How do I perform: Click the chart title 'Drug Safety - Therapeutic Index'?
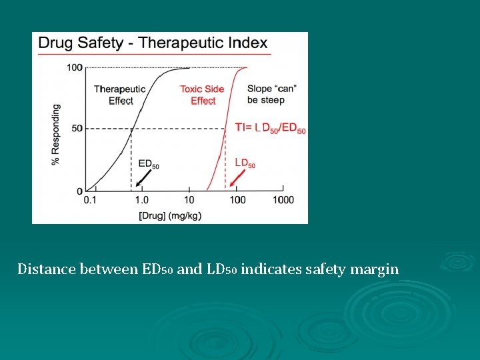[153, 43]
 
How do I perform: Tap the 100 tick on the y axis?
[74, 67]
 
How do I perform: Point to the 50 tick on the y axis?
[77, 128]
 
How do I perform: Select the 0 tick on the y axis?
[79, 191]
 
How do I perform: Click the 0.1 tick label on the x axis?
[90, 200]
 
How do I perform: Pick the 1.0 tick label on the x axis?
[141, 200]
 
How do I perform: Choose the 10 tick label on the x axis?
[189, 200]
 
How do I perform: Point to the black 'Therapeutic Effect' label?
[120, 95]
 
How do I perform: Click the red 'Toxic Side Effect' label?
[202, 95]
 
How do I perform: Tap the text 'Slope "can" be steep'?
[271, 94]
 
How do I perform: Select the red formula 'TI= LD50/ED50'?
[270, 128]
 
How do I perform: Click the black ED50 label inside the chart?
[148, 163]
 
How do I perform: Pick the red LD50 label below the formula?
[245, 163]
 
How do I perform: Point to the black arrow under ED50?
[143, 177]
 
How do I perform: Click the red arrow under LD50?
[239, 177]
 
